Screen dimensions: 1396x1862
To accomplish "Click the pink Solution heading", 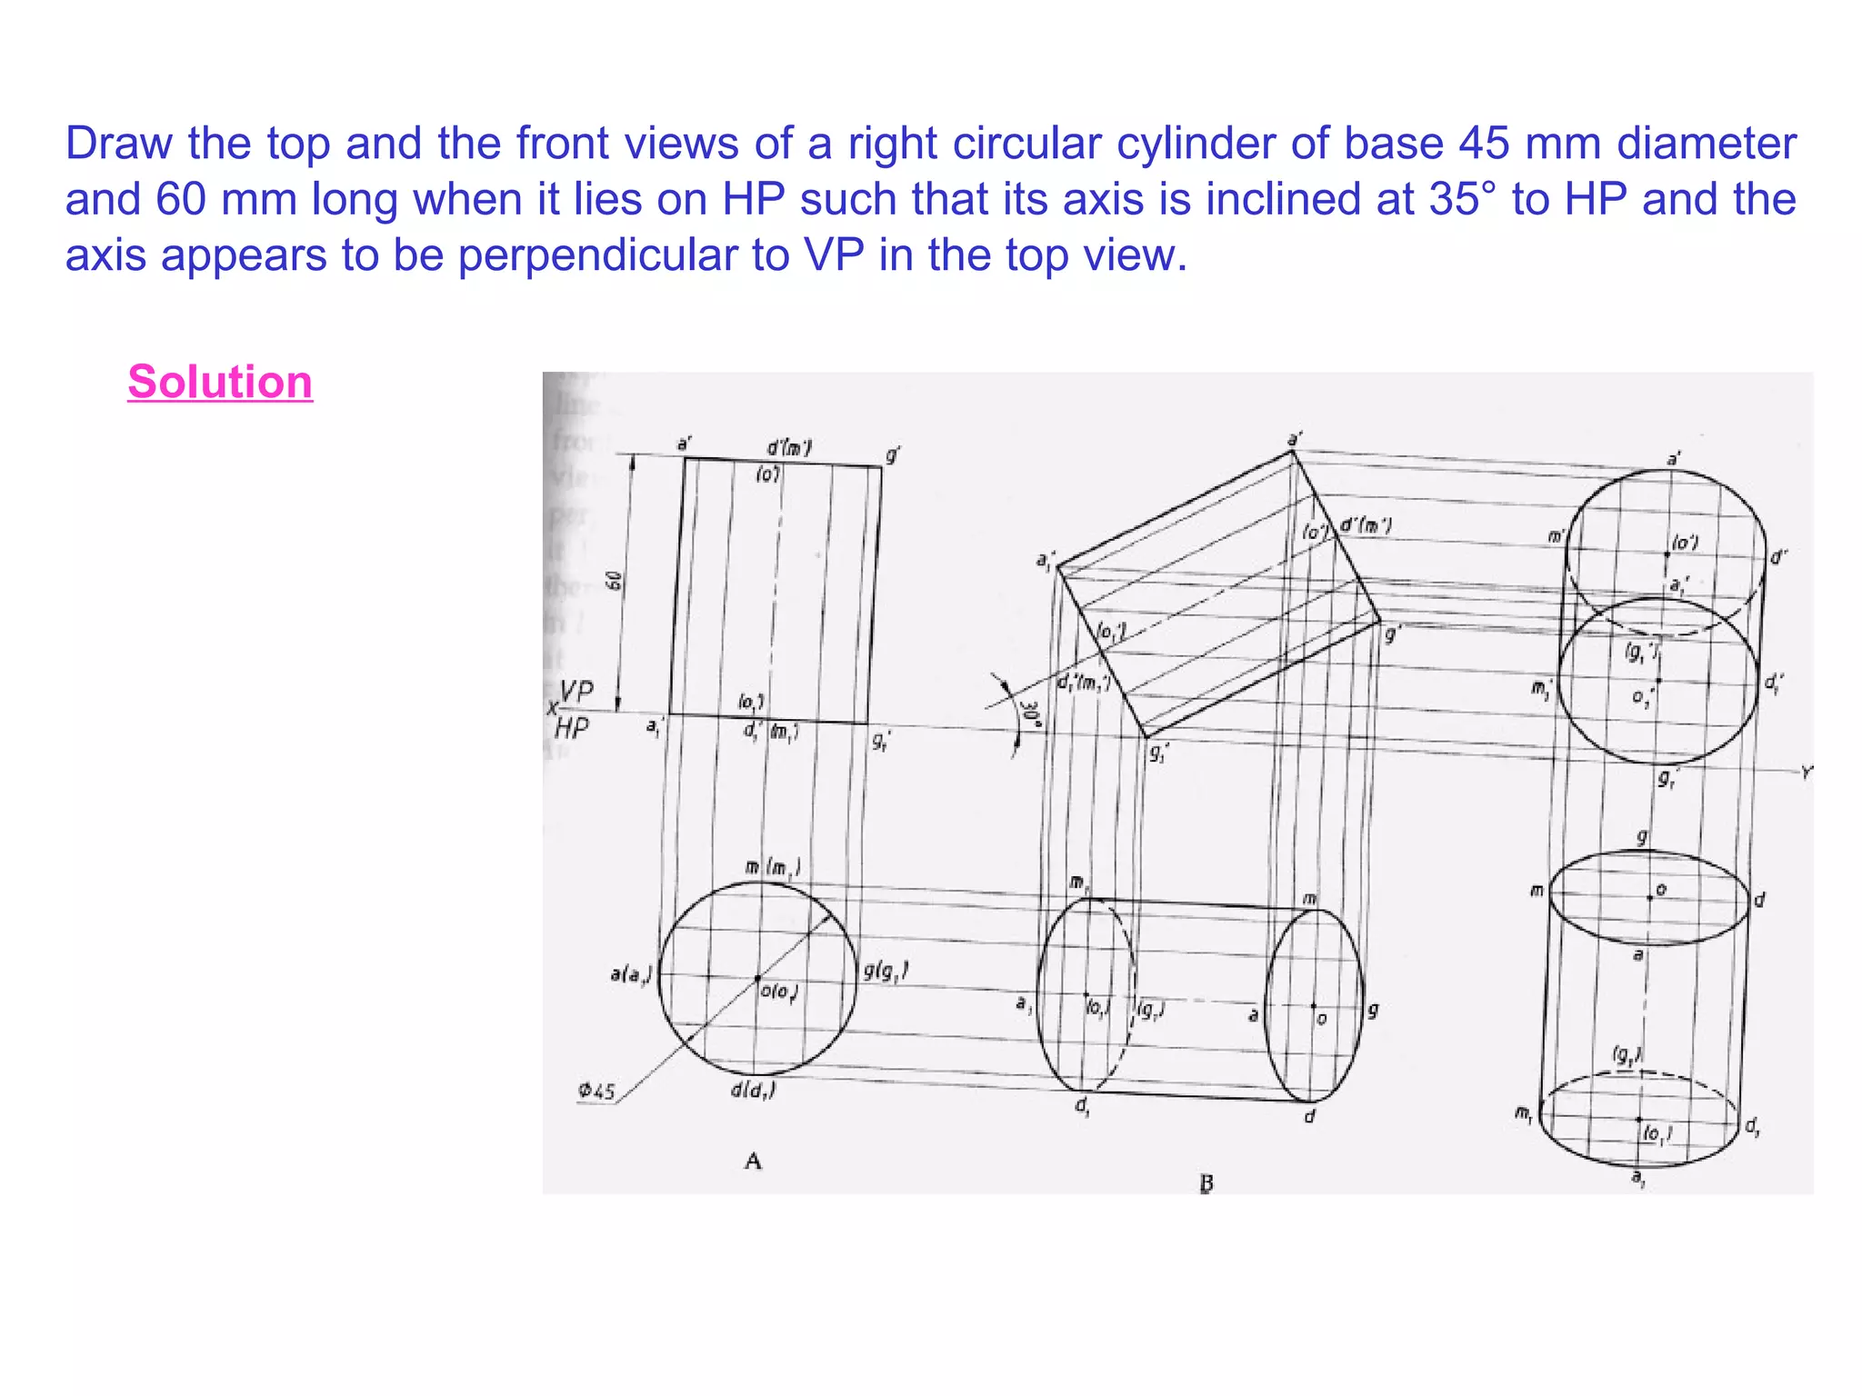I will [x=220, y=382].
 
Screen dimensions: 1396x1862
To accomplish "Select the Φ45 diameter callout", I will [x=596, y=1091].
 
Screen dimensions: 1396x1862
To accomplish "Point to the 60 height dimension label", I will [x=615, y=581].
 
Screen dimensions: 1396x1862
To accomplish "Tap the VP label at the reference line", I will [x=576, y=692].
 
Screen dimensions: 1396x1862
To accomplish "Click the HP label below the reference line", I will [x=572, y=729].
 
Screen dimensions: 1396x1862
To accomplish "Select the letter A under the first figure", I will [x=753, y=1161].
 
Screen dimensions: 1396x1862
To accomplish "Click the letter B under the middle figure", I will [x=1206, y=1183].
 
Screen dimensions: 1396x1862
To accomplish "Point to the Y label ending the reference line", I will [x=1806, y=773].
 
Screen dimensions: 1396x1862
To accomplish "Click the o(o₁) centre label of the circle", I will [x=780, y=992].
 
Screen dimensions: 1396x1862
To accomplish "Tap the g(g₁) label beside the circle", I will [x=885, y=972].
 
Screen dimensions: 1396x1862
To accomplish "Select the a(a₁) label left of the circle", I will [x=631, y=975].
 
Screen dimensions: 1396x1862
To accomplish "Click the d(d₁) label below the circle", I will [x=753, y=1090].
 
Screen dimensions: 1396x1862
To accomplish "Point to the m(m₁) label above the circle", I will [x=773, y=867].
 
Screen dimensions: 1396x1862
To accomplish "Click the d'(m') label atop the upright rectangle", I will [x=789, y=447].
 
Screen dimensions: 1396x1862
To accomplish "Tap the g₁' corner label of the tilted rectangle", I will [x=1158, y=753].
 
